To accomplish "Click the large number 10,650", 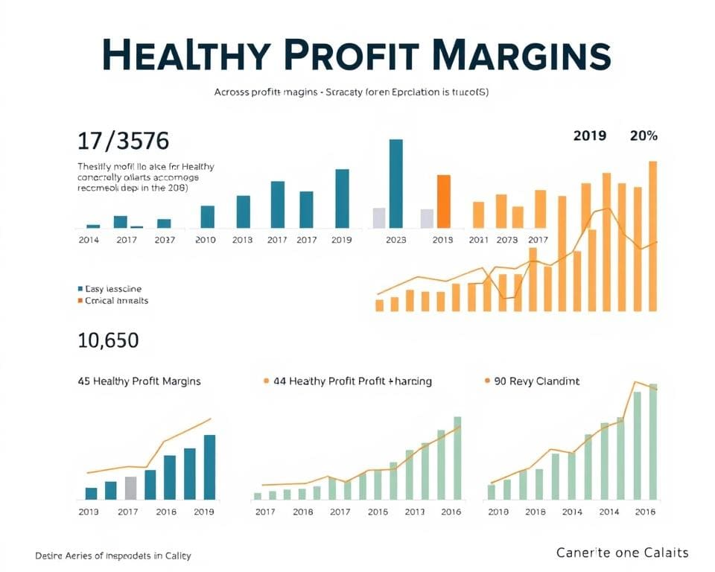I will [x=108, y=340].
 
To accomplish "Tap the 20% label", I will [x=643, y=136].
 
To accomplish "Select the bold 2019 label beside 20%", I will [x=589, y=136].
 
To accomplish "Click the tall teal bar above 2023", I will [x=396, y=183].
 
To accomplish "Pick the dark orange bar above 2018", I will [x=444, y=201].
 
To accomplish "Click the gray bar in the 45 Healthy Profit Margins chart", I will [x=131, y=488].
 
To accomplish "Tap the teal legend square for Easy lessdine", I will [x=80, y=288].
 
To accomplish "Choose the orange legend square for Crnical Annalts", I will [x=80, y=301].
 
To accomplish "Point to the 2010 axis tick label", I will [x=205, y=240].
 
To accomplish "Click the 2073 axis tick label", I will [x=506, y=240].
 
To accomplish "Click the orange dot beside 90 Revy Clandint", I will [x=488, y=381].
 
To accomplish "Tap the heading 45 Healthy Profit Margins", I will [x=139, y=381].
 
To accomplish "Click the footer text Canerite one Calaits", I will [x=623, y=553].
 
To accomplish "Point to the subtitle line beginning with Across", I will [x=351, y=92].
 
